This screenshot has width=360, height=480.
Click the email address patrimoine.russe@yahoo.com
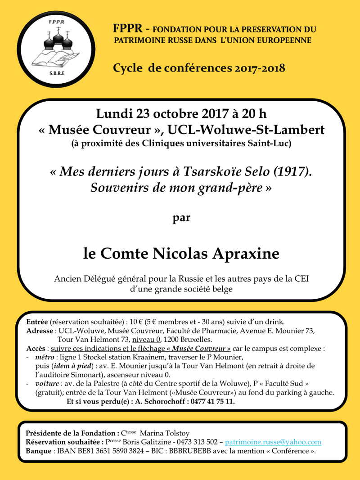coord(273,442)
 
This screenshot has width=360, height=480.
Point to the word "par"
coord(182,219)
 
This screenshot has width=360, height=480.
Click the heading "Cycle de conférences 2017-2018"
coord(199,68)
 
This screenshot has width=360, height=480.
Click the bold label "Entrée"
coord(37,322)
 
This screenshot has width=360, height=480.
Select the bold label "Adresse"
coord(40,331)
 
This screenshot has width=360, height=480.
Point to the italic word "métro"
coord(45,357)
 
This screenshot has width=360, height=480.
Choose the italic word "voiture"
coord(47,384)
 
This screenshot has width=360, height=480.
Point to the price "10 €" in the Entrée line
coord(132,322)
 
